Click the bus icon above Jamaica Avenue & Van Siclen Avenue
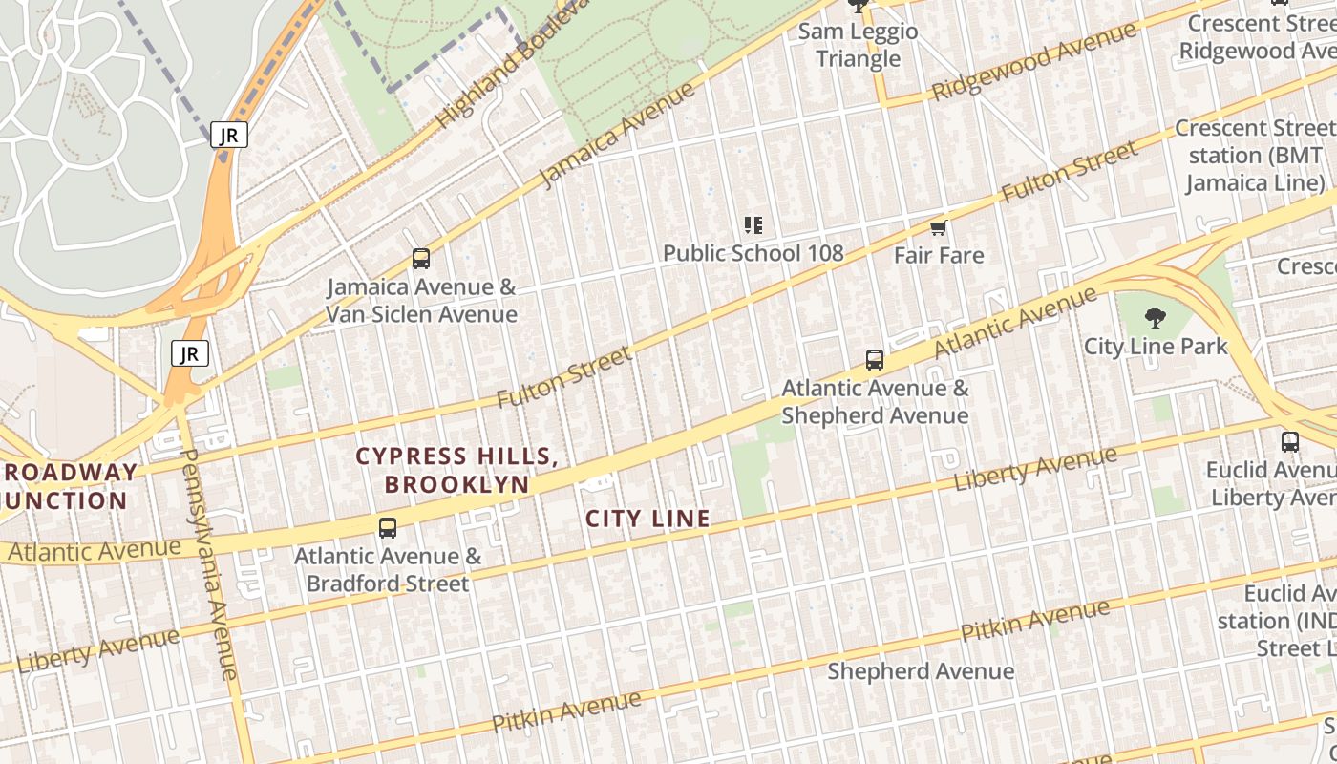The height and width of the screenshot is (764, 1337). pos(420,258)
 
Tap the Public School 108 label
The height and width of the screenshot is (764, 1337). pos(753,253)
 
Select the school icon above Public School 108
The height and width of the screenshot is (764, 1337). pos(753,225)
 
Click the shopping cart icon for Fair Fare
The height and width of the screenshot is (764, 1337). pos(938,227)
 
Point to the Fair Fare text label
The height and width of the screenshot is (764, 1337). pos(938,255)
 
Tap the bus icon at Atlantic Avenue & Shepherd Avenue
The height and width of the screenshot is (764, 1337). pos(874,360)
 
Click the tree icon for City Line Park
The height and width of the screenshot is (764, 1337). pos(1155,318)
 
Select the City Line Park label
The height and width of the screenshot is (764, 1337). pos(1155,346)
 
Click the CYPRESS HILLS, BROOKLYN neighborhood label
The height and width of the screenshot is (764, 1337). pos(456,470)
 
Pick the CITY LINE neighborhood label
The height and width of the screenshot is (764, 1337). pos(647,519)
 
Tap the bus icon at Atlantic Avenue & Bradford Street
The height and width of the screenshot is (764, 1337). pos(387,528)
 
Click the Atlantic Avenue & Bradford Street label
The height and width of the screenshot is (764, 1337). pos(387,569)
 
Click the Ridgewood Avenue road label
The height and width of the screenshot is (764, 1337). pos(1033,61)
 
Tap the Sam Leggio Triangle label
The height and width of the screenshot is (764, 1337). pos(858,45)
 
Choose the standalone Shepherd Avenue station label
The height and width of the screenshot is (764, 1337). pos(920,671)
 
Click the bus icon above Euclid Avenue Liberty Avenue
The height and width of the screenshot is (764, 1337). pos(1289,442)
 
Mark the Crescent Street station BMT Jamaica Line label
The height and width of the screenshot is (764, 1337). pos(1253,156)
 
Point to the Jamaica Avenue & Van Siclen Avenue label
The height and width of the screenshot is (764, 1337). pos(421,300)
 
